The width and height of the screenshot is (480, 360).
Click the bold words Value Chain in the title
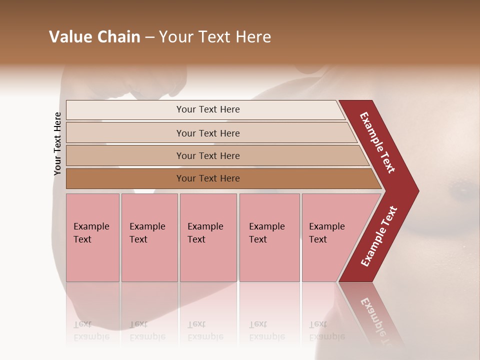click(94, 37)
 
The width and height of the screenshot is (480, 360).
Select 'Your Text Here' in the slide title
click(215, 37)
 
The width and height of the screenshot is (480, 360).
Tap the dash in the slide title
click(149, 37)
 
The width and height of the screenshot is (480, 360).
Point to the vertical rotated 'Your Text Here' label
click(57, 143)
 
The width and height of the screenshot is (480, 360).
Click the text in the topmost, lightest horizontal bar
click(208, 109)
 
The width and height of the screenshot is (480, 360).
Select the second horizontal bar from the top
click(208, 133)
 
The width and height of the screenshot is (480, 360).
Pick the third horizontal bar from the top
click(208, 155)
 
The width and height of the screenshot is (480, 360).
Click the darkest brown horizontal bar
click(208, 178)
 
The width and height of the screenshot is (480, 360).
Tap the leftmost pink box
click(92, 238)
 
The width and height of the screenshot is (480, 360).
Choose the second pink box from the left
click(149, 238)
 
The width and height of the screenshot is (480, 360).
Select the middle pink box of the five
click(208, 238)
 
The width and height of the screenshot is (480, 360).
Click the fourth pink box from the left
click(269, 238)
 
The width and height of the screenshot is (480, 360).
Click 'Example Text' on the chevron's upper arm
click(377, 142)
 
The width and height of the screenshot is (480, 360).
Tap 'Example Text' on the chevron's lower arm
click(378, 236)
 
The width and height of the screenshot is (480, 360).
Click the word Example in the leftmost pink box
click(91, 226)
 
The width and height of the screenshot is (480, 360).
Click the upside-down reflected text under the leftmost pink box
click(91, 330)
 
